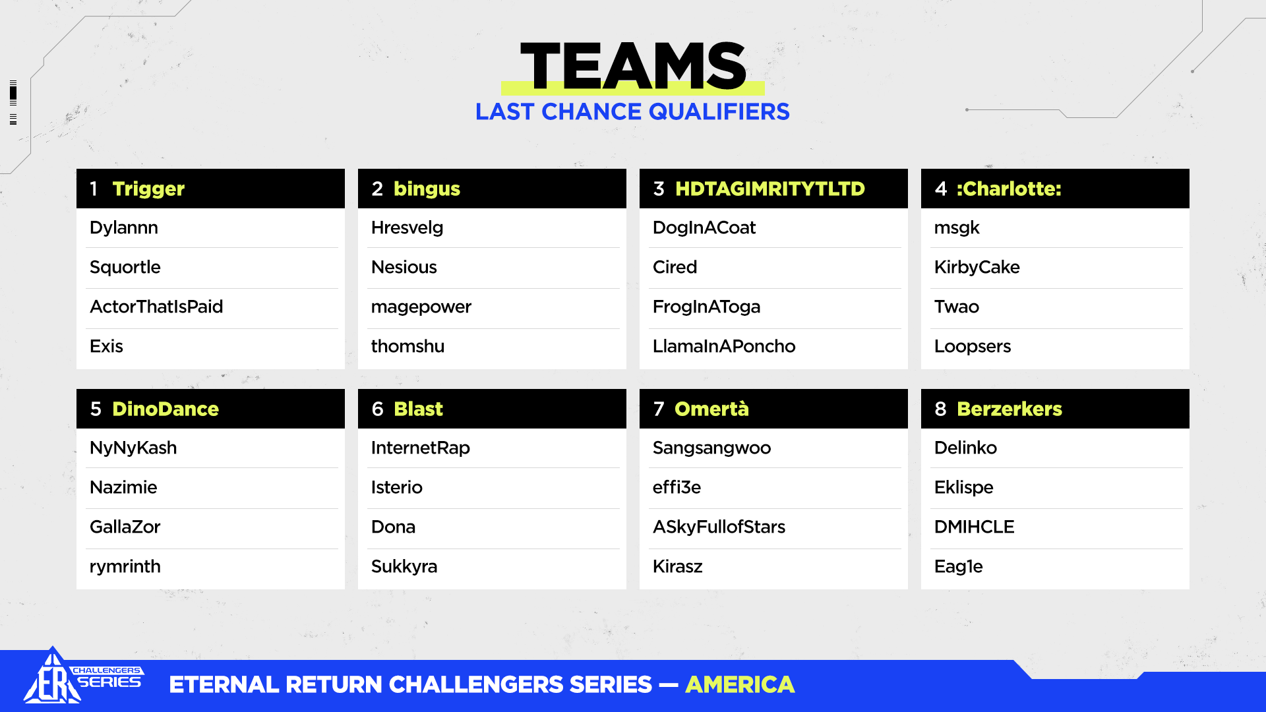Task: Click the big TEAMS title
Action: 633,66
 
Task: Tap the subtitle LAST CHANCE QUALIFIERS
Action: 632,111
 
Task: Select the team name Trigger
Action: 148,189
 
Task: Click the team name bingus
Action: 427,189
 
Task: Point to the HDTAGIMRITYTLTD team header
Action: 773,189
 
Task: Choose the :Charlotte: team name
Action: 1009,189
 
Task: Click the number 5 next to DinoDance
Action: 96,409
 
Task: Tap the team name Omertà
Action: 711,409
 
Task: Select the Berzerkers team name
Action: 1010,409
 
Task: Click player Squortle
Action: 125,268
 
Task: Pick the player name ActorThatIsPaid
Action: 156,307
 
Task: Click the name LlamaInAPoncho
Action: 724,346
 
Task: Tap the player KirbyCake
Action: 977,268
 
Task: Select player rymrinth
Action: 125,567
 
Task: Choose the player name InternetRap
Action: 421,448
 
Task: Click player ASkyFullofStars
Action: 719,527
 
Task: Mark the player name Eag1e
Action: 959,567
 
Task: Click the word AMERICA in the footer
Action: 740,685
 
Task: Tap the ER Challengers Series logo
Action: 83,676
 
